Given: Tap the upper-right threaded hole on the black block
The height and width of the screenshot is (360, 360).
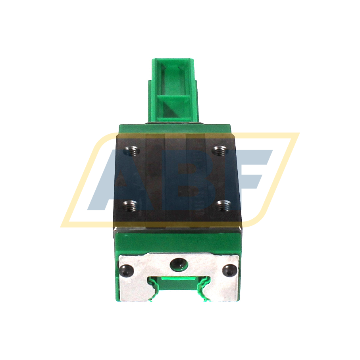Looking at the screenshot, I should [219, 150].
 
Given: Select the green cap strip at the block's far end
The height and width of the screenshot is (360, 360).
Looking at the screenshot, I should [175, 129].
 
